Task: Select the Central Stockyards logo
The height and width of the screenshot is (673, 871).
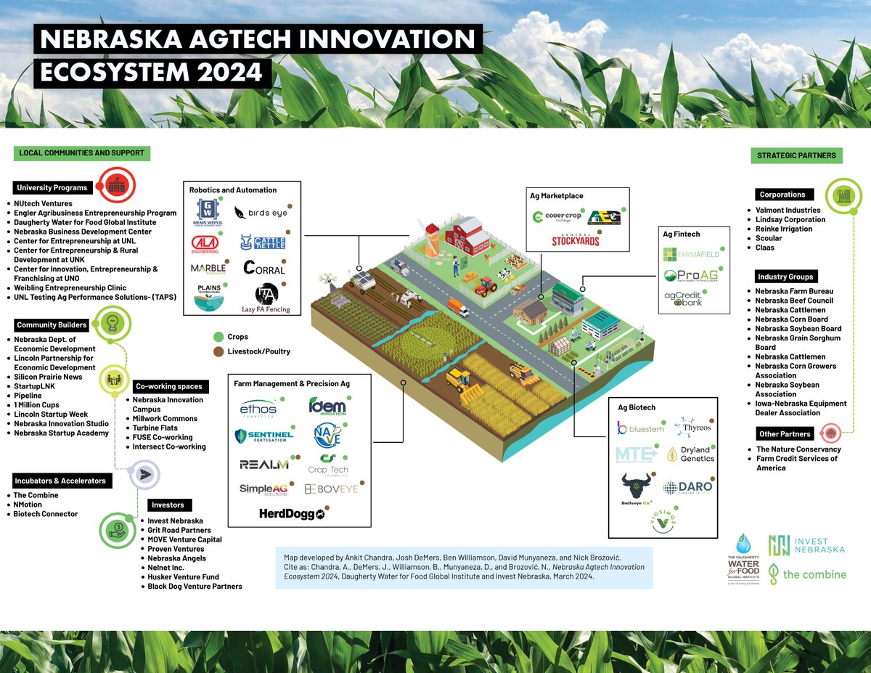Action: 576,239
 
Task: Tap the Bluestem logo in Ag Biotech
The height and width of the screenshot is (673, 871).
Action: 639,428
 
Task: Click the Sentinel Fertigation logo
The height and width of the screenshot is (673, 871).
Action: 264,436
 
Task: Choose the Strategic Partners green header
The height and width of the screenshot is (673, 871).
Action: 796,155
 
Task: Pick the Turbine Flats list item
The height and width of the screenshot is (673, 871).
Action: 155,428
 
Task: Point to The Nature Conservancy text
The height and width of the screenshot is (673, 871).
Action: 798,449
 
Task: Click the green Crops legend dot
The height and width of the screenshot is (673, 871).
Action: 217,338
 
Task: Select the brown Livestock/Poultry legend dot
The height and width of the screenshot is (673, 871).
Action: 217,351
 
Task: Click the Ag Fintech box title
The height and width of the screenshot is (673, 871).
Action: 682,234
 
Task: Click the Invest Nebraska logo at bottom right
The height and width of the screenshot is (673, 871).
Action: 807,544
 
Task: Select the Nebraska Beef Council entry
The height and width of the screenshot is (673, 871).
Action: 794,301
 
